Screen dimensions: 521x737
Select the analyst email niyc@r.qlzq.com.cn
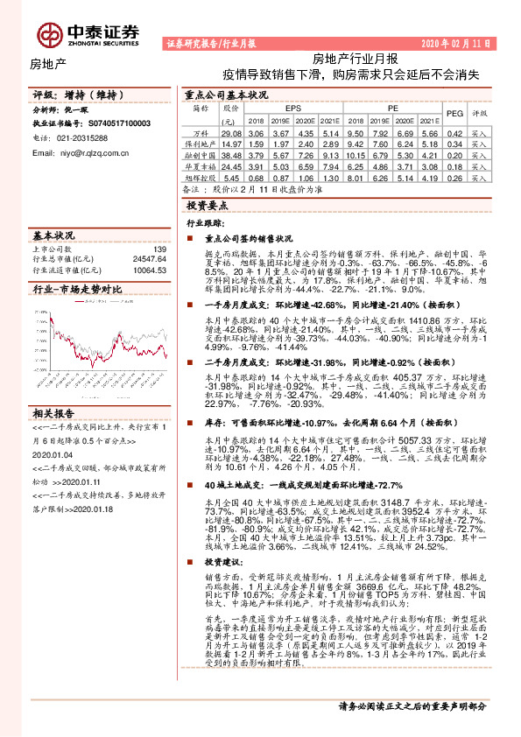(x=81, y=152)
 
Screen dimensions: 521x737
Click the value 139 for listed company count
(x=159, y=250)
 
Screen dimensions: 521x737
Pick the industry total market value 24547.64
(x=150, y=260)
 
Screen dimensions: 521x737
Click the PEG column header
(x=454, y=113)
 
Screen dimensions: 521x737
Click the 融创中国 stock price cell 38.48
(x=232, y=153)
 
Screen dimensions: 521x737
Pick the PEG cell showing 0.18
(x=454, y=165)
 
